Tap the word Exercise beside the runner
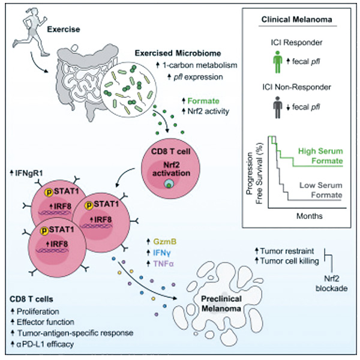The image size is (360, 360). [x=64, y=29]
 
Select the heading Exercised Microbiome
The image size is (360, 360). [x=178, y=53]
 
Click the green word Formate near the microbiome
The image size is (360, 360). [x=203, y=101]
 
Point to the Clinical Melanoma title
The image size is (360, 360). [x=296, y=20]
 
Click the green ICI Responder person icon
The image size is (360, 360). [x=278, y=62]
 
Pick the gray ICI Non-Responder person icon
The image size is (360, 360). [x=278, y=107]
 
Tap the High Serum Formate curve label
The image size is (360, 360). [x=320, y=156]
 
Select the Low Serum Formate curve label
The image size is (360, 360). [x=321, y=190]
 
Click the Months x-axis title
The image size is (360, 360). [x=310, y=216]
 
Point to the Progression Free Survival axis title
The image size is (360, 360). [x=254, y=173]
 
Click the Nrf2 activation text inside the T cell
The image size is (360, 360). [x=171, y=169]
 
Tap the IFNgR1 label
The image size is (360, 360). [x=26, y=173]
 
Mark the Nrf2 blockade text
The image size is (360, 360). [x=332, y=284]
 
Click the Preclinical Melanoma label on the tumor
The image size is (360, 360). [x=221, y=304]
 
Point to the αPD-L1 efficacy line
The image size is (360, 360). [x=43, y=344]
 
